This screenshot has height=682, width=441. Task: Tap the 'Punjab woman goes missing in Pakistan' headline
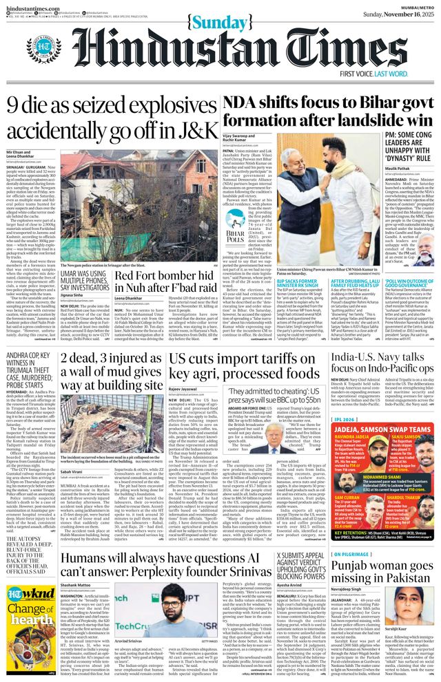(x=389, y=569)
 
